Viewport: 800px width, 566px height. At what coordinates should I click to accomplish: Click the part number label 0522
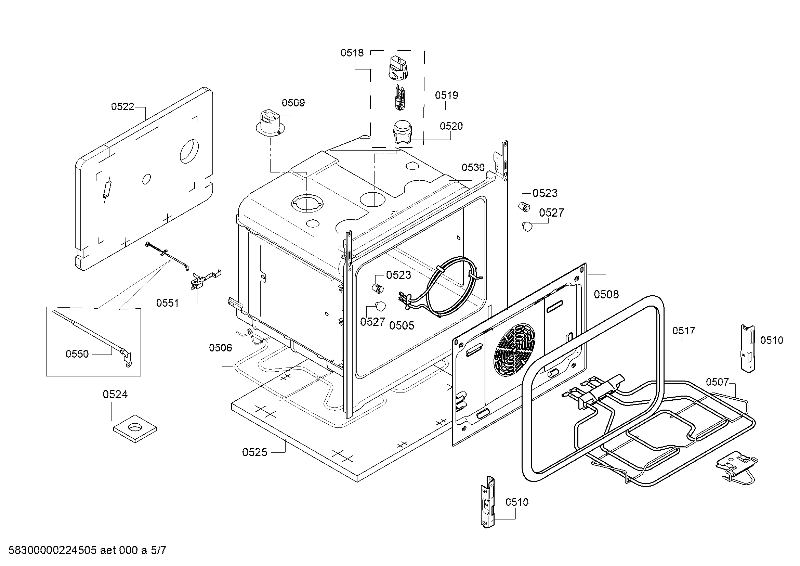click(122, 107)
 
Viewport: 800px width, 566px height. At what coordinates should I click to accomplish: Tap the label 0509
click(293, 103)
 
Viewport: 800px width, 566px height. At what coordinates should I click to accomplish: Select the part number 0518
click(352, 53)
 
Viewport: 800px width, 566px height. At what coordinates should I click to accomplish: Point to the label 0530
click(473, 168)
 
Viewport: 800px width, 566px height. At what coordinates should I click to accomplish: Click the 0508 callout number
click(606, 295)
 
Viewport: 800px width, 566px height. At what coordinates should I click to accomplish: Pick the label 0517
click(684, 331)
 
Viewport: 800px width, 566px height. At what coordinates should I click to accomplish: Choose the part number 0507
click(718, 382)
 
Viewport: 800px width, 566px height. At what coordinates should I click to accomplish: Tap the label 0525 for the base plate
click(254, 452)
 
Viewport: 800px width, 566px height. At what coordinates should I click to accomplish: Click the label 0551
click(167, 303)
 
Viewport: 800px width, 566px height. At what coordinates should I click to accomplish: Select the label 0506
click(220, 348)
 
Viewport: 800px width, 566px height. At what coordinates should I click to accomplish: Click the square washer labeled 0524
click(135, 428)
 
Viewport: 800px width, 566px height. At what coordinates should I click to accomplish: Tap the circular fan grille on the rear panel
click(514, 351)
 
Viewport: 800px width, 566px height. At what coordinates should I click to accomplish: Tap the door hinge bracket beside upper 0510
click(748, 348)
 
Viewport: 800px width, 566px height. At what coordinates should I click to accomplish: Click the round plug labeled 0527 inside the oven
click(380, 306)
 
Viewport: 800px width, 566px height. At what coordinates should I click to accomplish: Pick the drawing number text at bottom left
click(87, 550)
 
